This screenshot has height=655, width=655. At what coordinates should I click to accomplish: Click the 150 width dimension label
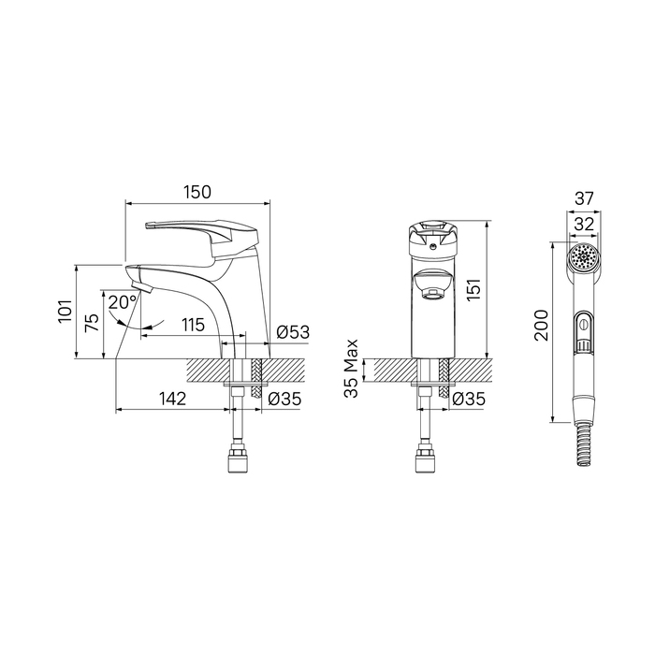(x=197, y=192)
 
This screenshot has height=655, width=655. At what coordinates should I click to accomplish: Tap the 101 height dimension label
(x=66, y=311)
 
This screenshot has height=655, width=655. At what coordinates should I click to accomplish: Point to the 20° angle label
(x=123, y=301)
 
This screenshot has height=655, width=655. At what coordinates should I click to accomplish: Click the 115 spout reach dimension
(x=193, y=325)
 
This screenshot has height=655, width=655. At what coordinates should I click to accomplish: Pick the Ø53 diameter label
(x=293, y=332)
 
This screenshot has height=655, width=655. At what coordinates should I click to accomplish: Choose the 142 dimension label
(x=172, y=399)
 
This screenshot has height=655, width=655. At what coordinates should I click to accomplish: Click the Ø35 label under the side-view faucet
(x=284, y=399)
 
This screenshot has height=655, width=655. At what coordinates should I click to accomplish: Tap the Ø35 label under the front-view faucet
(x=469, y=399)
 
